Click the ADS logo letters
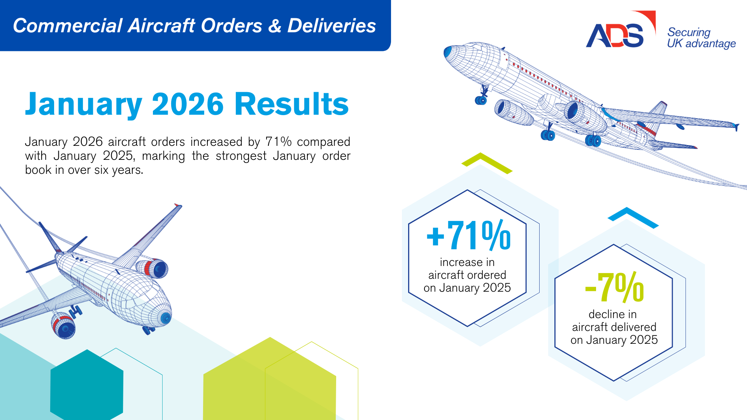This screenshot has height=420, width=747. click(x=615, y=36)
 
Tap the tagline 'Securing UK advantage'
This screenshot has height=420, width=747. click(x=701, y=38)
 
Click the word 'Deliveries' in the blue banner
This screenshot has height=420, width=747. click(x=331, y=26)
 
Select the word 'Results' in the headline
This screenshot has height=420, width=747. click(x=291, y=104)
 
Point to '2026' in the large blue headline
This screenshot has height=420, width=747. click(x=188, y=104)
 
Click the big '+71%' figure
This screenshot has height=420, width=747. click(x=468, y=235)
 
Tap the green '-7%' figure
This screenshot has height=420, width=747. click(x=614, y=287)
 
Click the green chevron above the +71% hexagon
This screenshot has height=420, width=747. click(x=487, y=163)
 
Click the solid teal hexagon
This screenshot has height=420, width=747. click(x=87, y=385)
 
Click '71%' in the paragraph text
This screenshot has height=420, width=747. click(x=278, y=142)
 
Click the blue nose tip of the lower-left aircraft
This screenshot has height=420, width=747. click(x=166, y=318)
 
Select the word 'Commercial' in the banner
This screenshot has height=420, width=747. click(x=67, y=26)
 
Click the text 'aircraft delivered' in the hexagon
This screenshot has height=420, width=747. click(x=614, y=327)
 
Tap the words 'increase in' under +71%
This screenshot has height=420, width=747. click(x=467, y=262)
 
